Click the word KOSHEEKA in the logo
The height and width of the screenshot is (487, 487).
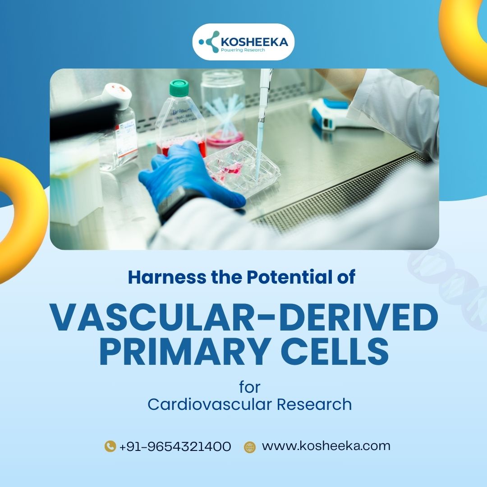pos(254,42)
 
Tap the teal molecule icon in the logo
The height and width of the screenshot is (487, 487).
pos(209,41)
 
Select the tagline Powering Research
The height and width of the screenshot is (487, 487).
pos(243,50)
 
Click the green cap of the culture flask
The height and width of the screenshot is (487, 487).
pos(179,87)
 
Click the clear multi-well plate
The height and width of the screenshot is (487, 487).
pos(242,168)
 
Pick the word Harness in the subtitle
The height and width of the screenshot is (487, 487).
pos(167,277)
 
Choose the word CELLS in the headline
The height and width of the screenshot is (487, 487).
pos(335,351)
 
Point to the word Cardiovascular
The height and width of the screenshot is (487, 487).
pos(210,404)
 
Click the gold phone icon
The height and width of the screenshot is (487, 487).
pos(110,446)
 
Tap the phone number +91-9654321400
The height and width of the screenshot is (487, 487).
pos(175,446)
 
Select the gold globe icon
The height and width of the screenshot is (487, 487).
pos(250,447)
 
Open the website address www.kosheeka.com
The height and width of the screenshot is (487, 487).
pos(326,446)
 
